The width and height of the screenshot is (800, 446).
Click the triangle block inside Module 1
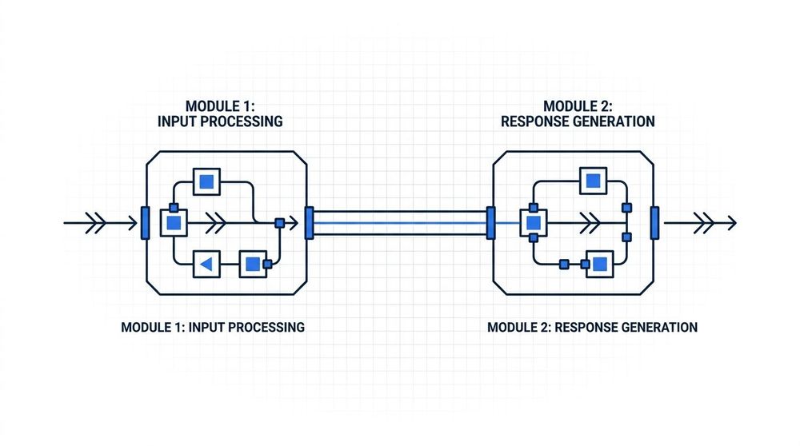click(x=206, y=264)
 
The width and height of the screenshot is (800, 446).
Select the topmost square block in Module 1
click(x=206, y=181)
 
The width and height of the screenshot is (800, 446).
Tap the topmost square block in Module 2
click(x=594, y=181)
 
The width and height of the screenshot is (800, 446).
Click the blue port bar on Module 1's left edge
click(x=146, y=223)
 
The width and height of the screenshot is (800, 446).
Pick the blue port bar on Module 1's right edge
click(x=309, y=223)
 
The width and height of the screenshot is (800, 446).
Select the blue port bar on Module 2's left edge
click(x=491, y=223)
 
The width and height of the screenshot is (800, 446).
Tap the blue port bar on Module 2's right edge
click(x=654, y=223)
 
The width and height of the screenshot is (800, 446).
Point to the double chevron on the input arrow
click(x=96, y=223)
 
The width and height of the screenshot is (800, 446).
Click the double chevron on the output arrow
click(x=705, y=223)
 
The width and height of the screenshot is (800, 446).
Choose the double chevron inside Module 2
click(x=590, y=223)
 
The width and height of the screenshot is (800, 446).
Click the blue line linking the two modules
click(x=400, y=223)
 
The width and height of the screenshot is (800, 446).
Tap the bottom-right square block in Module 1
click(x=253, y=264)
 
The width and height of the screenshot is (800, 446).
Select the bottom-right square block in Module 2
click(x=600, y=264)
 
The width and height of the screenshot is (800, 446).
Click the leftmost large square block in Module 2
click(x=534, y=223)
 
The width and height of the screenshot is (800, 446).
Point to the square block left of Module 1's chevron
click(x=174, y=223)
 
